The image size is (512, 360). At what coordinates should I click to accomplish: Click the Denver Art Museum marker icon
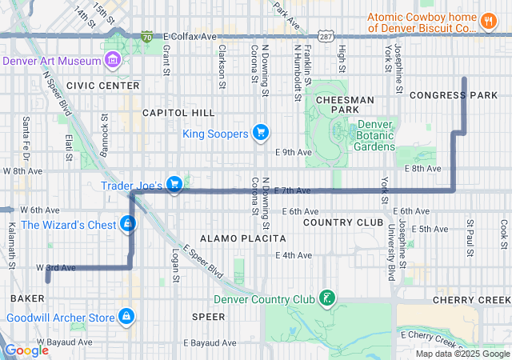click(113, 61)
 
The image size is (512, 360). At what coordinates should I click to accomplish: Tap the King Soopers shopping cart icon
click(259, 133)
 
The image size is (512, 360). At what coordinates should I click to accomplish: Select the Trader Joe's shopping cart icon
click(174, 185)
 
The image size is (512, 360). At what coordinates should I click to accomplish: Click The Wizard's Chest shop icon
click(128, 224)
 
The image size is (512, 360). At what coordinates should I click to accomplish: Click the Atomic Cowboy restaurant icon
click(488, 22)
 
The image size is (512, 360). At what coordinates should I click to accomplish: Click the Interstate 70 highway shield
click(146, 37)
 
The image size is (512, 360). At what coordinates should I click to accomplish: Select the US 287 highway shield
click(325, 37)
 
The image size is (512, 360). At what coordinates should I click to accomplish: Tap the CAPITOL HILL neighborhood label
click(178, 113)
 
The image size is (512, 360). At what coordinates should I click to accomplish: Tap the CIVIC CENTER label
click(102, 85)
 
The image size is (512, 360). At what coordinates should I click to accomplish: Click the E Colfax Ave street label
click(190, 37)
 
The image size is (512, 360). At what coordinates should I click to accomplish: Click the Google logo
click(26, 350)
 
